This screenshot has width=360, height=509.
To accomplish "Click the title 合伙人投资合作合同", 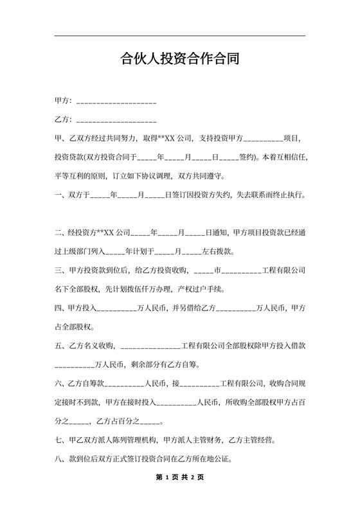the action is click(x=180, y=60).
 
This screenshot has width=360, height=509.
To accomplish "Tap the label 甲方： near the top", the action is click(x=64, y=102).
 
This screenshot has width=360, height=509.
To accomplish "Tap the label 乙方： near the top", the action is click(x=64, y=120).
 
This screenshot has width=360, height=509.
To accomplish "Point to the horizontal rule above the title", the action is click(x=180, y=36).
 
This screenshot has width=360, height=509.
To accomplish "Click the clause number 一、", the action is click(x=61, y=194).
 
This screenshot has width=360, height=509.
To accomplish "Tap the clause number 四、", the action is click(x=61, y=308).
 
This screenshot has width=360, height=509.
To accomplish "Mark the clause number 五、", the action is click(x=61, y=346).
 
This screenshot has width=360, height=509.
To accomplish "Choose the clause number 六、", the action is click(x=61, y=384).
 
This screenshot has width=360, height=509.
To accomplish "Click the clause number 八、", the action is click(x=61, y=460).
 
